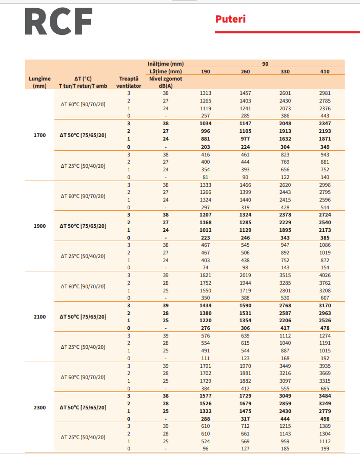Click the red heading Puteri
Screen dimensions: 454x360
(x=230, y=19)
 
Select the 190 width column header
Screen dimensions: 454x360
(x=205, y=71)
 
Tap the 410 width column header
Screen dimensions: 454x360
(x=325, y=71)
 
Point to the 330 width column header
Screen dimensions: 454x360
(x=285, y=71)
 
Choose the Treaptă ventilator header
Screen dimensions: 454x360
(x=129, y=82)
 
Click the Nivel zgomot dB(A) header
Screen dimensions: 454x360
(x=166, y=82)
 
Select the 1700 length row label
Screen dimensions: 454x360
(x=39, y=135)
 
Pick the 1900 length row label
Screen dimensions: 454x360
(x=39, y=226)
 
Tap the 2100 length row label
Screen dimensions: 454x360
(x=39, y=317)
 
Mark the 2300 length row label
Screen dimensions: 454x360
(x=39, y=408)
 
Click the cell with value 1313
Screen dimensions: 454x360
(x=205, y=93)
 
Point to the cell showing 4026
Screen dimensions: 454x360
(x=325, y=275)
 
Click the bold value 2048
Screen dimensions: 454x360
(x=285, y=124)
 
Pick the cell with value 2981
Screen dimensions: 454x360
(x=325, y=93)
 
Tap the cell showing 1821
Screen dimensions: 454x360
(x=205, y=275)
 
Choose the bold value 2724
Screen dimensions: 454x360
(x=325, y=214)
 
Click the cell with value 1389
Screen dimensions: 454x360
(x=325, y=426)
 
